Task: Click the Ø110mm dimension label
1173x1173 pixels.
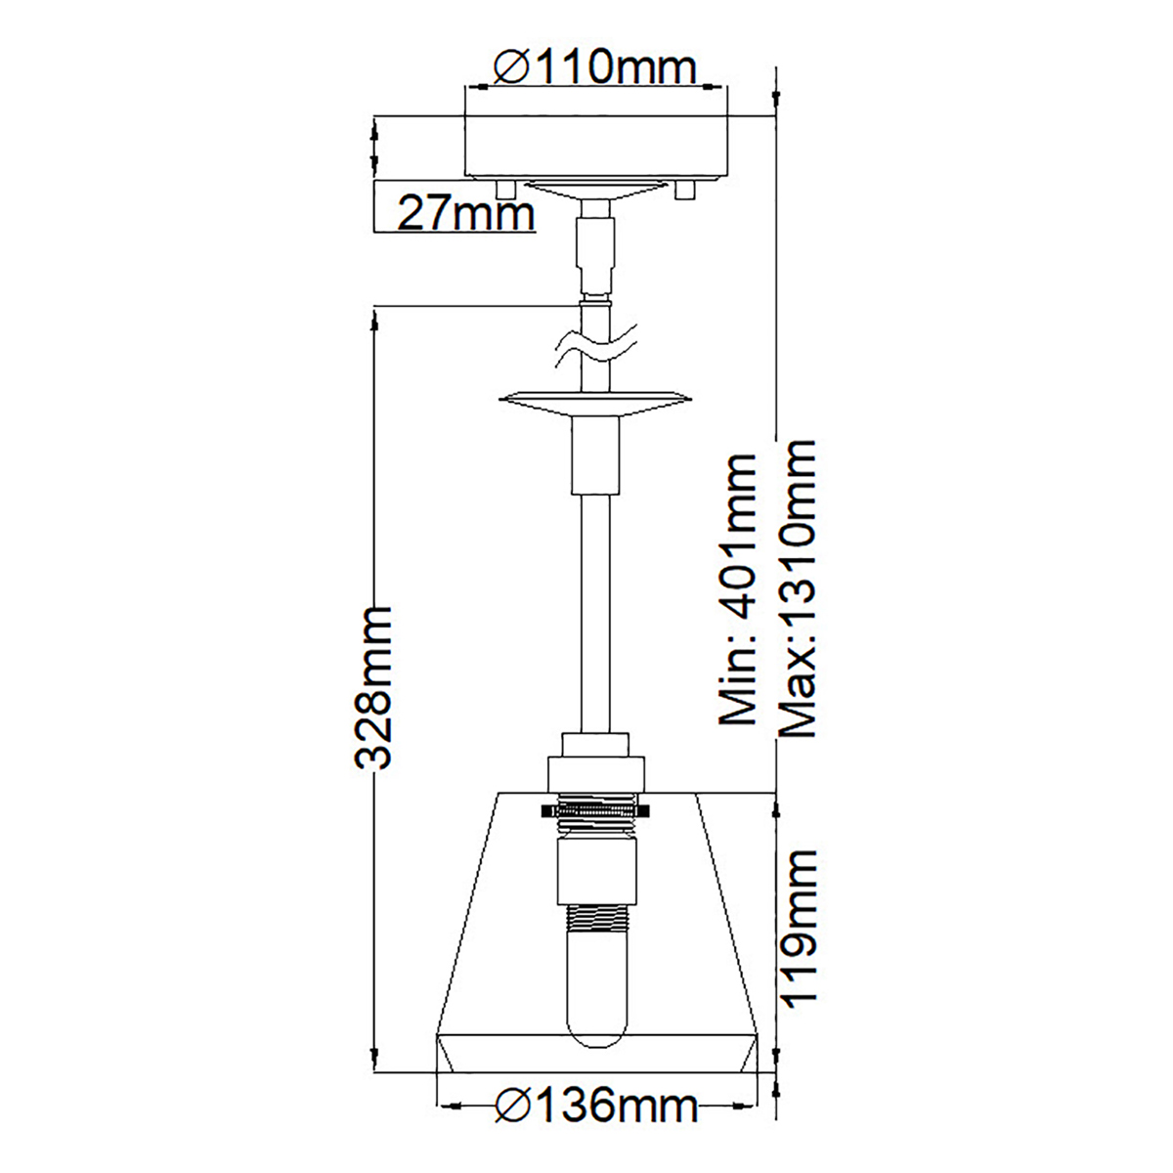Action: tap(594, 68)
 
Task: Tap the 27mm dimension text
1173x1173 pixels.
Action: tap(465, 214)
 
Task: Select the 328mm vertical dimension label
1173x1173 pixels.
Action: tap(371, 688)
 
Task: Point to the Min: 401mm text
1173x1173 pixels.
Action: tap(737, 589)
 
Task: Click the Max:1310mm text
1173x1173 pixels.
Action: tap(797, 588)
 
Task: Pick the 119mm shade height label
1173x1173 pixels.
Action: tap(798, 938)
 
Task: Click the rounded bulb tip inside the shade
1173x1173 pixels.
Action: tap(598, 1052)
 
